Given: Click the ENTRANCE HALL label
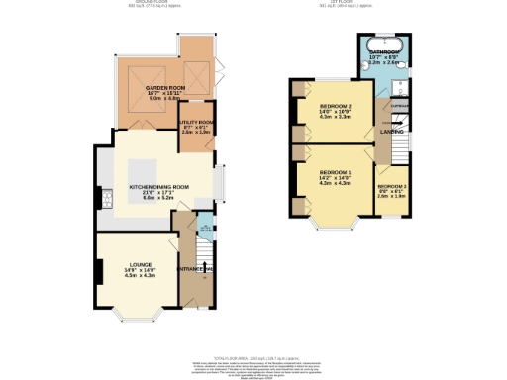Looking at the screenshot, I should (196, 268).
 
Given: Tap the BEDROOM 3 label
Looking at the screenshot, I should (391, 186).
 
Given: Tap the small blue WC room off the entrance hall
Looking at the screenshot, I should (205, 229).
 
